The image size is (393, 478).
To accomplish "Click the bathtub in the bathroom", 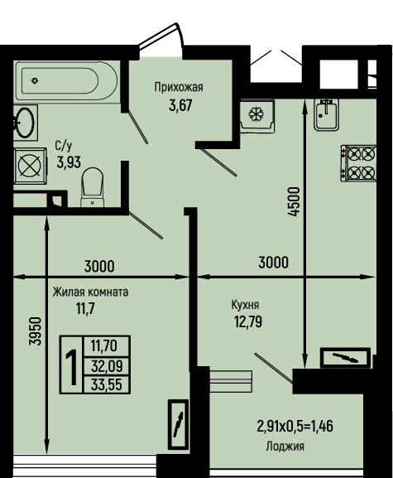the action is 66,80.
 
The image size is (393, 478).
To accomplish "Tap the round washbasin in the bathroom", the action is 25,123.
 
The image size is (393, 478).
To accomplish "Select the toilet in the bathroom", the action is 92,187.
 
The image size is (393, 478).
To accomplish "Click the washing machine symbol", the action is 30,167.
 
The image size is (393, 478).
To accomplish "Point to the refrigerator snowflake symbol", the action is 256,114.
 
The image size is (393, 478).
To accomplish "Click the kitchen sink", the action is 326,115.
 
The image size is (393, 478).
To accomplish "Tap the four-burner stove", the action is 358,163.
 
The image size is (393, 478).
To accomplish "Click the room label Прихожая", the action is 179,87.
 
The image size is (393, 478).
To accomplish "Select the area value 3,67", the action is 180,105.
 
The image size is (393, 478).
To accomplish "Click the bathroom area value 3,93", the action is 69,162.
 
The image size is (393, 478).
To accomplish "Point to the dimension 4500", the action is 295,202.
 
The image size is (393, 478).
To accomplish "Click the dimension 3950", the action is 36,331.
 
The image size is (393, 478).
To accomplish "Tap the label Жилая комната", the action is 90,292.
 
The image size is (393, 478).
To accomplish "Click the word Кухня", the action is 246,305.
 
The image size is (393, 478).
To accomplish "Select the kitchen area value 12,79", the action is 248,321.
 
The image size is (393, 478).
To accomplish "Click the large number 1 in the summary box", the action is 71,365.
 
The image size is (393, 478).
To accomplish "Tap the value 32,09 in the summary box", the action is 107,365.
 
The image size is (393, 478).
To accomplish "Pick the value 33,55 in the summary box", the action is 107,384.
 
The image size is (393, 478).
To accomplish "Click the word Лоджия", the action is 285,447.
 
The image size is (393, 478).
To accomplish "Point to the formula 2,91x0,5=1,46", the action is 295,426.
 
